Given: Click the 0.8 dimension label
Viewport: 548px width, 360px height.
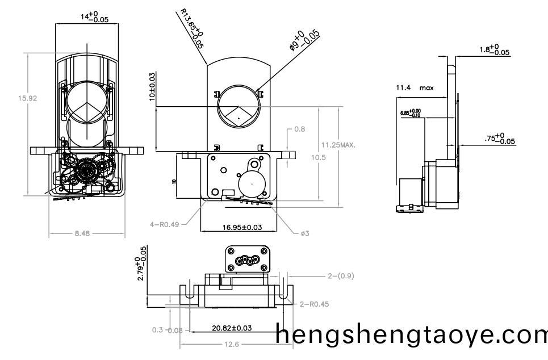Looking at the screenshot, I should tap(299, 129).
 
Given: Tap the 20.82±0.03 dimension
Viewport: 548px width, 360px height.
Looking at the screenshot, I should tap(232, 328).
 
